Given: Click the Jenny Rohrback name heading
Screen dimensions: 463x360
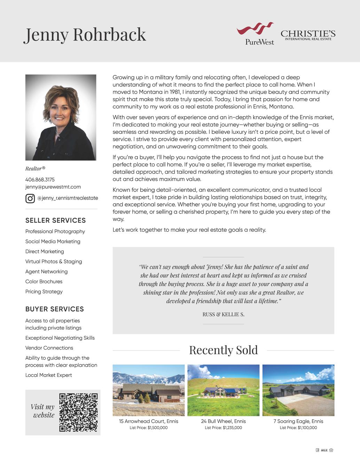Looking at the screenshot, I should click(85, 34).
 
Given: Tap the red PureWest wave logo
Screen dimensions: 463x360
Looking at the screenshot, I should click(255, 29).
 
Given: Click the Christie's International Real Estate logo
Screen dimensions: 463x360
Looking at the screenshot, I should click(308, 35).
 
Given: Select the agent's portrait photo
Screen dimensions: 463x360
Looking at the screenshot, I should click(61, 117).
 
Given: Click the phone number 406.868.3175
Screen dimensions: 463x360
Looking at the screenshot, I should click(40, 180).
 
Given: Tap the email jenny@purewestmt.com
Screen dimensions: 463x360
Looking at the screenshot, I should click(53, 187).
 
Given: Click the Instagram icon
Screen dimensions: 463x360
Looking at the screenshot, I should click(30, 198).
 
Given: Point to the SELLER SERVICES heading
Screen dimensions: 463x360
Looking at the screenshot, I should click(55, 221).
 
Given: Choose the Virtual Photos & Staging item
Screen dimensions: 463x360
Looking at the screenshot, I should click(54, 262).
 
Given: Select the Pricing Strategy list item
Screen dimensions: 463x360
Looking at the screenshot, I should click(44, 292).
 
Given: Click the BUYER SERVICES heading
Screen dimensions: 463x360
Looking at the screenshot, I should click(55, 309).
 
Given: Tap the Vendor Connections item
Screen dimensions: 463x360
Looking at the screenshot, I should click(49, 348).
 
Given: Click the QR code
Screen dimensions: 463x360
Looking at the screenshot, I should click(78, 412).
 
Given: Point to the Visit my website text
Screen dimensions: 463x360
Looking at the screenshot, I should click(43, 411).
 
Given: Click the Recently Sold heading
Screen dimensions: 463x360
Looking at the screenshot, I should click(223, 350).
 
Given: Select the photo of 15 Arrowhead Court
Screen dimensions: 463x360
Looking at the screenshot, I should click(149, 390).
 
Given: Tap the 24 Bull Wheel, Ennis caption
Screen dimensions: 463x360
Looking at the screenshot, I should click(223, 421).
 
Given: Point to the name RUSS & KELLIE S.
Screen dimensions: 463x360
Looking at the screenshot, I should click(223, 315).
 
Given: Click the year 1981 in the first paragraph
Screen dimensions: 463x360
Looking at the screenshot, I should click(175, 92).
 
